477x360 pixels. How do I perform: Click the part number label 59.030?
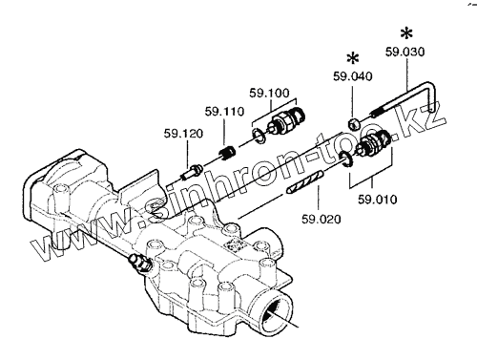[x=404, y=52]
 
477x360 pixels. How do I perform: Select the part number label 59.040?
[x=352, y=76]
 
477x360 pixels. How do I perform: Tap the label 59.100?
[x=269, y=93]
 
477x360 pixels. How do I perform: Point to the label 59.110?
[x=224, y=112]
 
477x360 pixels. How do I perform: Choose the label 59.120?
[x=183, y=134]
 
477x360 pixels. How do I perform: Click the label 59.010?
[x=378, y=200]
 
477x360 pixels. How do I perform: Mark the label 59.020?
[x=321, y=219]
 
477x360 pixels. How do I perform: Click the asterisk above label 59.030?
[x=406, y=33]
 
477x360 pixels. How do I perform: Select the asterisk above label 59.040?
[x=353, y=58]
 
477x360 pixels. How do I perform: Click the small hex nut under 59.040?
[x=354, y=123]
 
